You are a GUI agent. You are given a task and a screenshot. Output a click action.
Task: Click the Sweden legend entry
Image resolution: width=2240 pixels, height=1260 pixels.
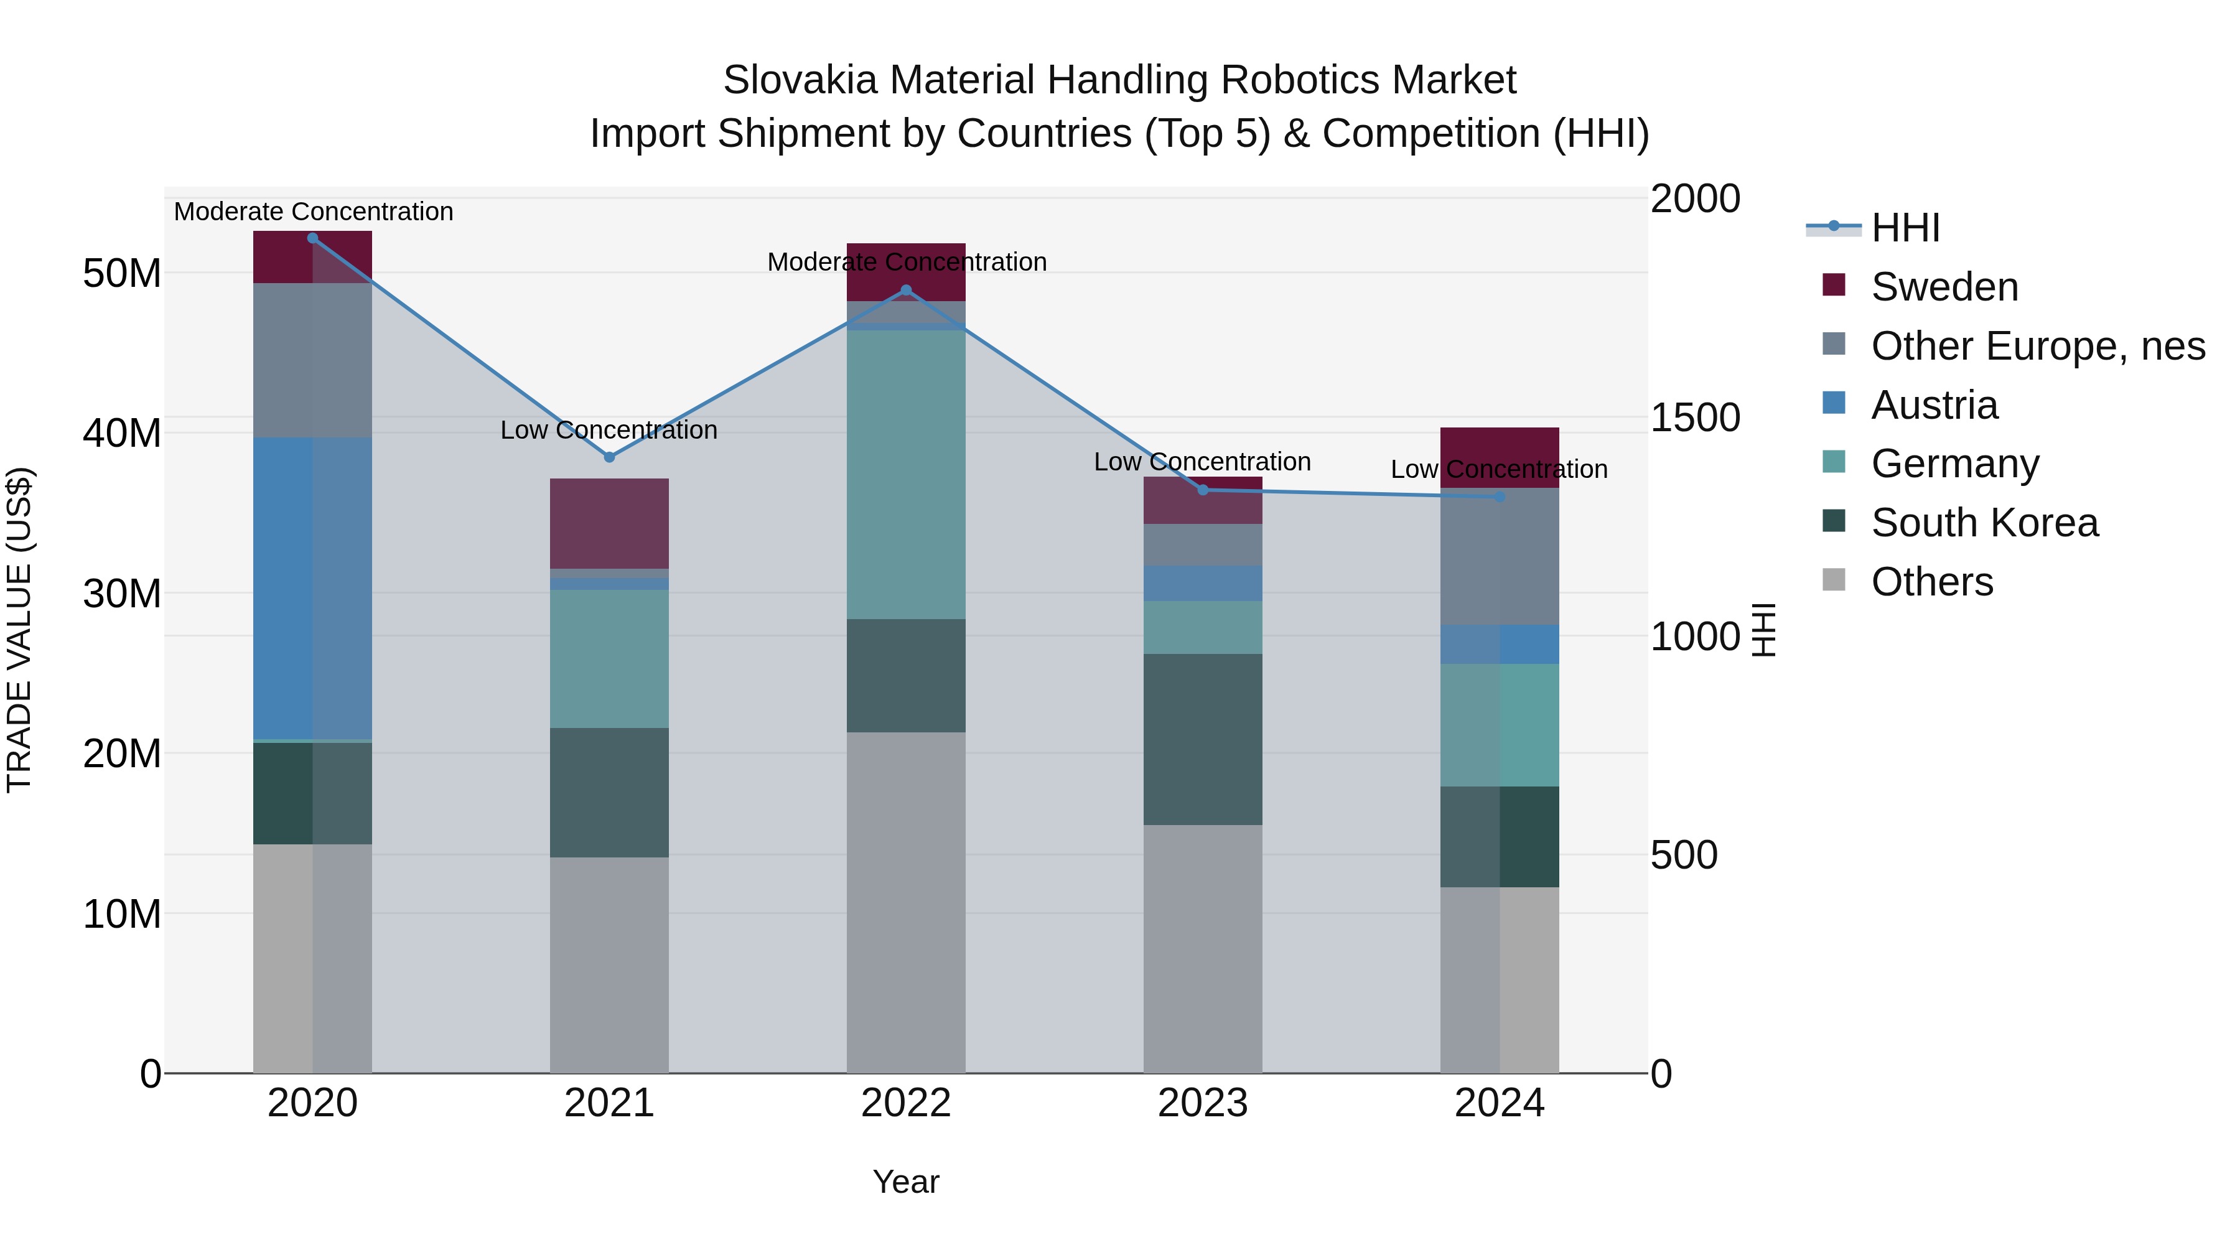click(1944, 287)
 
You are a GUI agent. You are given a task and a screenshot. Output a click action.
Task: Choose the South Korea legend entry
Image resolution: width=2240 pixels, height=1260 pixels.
click(1984, 523)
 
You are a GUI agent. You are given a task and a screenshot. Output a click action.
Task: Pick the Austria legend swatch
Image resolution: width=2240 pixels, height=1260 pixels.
click(1833, 403)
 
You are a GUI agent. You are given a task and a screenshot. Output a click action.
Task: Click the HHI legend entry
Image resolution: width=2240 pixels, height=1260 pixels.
click(1905, 228)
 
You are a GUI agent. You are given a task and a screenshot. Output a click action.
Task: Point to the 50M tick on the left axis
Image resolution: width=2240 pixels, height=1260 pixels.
click(122, 274)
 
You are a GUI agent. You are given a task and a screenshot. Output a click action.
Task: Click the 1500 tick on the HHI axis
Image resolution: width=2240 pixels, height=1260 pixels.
click(1695, 418)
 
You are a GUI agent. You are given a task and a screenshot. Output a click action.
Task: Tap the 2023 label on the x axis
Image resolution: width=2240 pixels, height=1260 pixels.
click(1203, 1103)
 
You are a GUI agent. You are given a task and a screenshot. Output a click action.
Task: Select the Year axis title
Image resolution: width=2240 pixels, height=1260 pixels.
click(906, 1182)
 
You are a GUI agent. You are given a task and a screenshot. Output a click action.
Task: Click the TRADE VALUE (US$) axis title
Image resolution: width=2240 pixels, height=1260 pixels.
click(19, 630)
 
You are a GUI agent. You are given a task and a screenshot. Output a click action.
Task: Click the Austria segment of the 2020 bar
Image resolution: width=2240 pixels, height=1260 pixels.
click(312, 588)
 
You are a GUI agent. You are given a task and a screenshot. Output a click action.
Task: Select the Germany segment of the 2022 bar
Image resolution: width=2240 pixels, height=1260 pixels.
click(906, 474)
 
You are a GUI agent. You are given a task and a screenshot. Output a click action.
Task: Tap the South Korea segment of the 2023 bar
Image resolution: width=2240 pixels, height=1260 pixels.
click(1203, 739)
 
